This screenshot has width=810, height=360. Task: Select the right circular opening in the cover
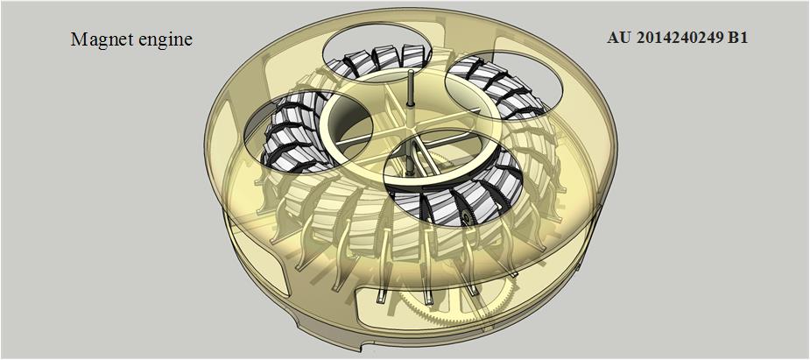503,88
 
